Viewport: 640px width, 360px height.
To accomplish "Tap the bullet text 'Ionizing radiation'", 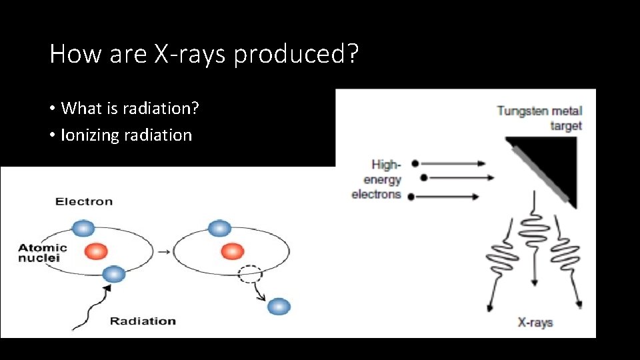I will tap(126, 135).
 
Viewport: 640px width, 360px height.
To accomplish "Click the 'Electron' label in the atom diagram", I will tap(84, 201).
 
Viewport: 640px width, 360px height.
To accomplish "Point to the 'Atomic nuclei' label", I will tap(43, 252).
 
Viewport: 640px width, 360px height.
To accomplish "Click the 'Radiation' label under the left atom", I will tap(143, 321).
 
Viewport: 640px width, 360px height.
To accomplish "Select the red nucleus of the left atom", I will tap(96, 251).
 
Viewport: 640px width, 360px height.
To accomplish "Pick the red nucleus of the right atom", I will tap(232, 251).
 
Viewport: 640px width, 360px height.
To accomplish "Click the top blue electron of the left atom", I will tap(83, 228).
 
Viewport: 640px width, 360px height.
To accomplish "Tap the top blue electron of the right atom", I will tap(219, 228).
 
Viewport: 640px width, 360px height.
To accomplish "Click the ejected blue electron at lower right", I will tap(279, 307).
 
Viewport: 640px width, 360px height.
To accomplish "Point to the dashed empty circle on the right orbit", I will tap(250, 273).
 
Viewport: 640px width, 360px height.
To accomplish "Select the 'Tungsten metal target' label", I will tap(539, 118).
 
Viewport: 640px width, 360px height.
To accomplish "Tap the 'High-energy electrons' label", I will tap(377, 179).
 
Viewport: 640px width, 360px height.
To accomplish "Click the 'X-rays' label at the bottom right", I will tap(535, 323).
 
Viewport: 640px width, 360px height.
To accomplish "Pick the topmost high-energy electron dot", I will tap(415, 163).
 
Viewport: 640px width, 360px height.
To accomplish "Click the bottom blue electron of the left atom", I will tap(113, 273).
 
